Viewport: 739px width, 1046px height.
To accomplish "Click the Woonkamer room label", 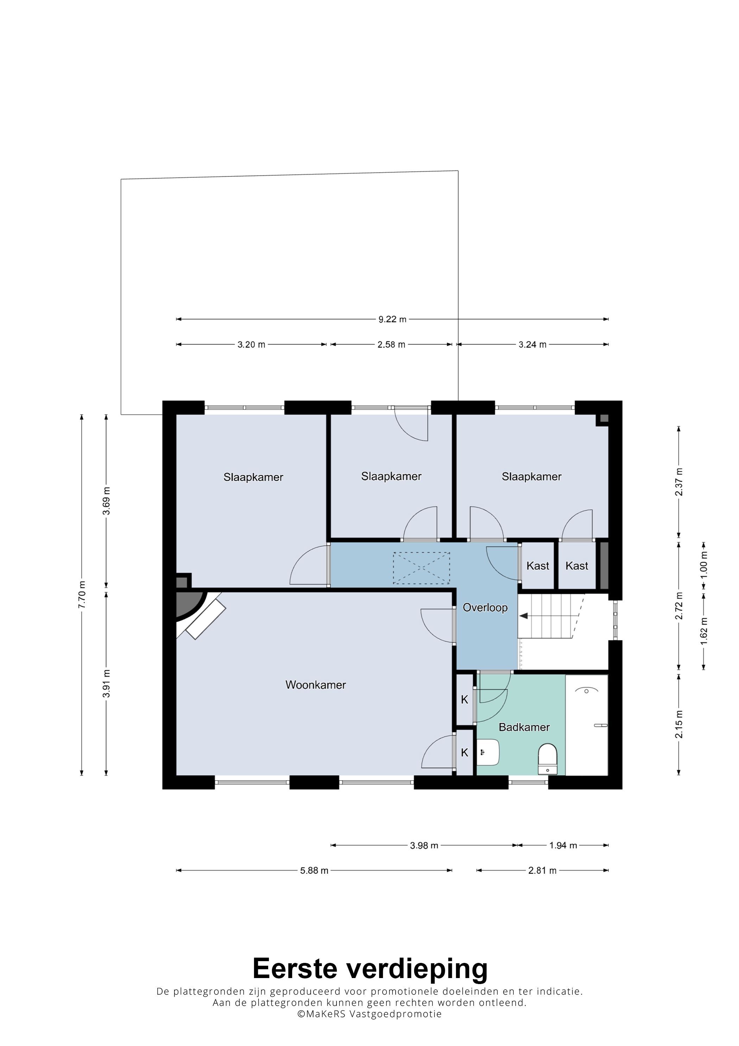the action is point(316,685).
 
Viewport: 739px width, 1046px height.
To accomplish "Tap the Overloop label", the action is point(485,607).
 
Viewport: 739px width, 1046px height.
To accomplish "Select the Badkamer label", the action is point(524,727).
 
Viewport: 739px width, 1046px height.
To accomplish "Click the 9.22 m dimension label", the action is point(392,319).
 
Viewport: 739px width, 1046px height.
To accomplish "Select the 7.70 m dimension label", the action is point(82,595).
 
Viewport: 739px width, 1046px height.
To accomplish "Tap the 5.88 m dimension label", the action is point(314,871).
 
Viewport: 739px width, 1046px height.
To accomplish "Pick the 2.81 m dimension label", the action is point(542,871).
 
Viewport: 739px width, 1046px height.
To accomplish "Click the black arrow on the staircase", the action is point(524,616).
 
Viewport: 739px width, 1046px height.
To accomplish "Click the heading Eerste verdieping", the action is point(370,968).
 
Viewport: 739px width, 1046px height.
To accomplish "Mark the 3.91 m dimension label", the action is point(106,683).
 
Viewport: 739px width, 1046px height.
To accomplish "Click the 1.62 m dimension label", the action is point(703,631).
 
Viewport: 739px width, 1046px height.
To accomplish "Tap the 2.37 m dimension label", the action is point(678,482).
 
